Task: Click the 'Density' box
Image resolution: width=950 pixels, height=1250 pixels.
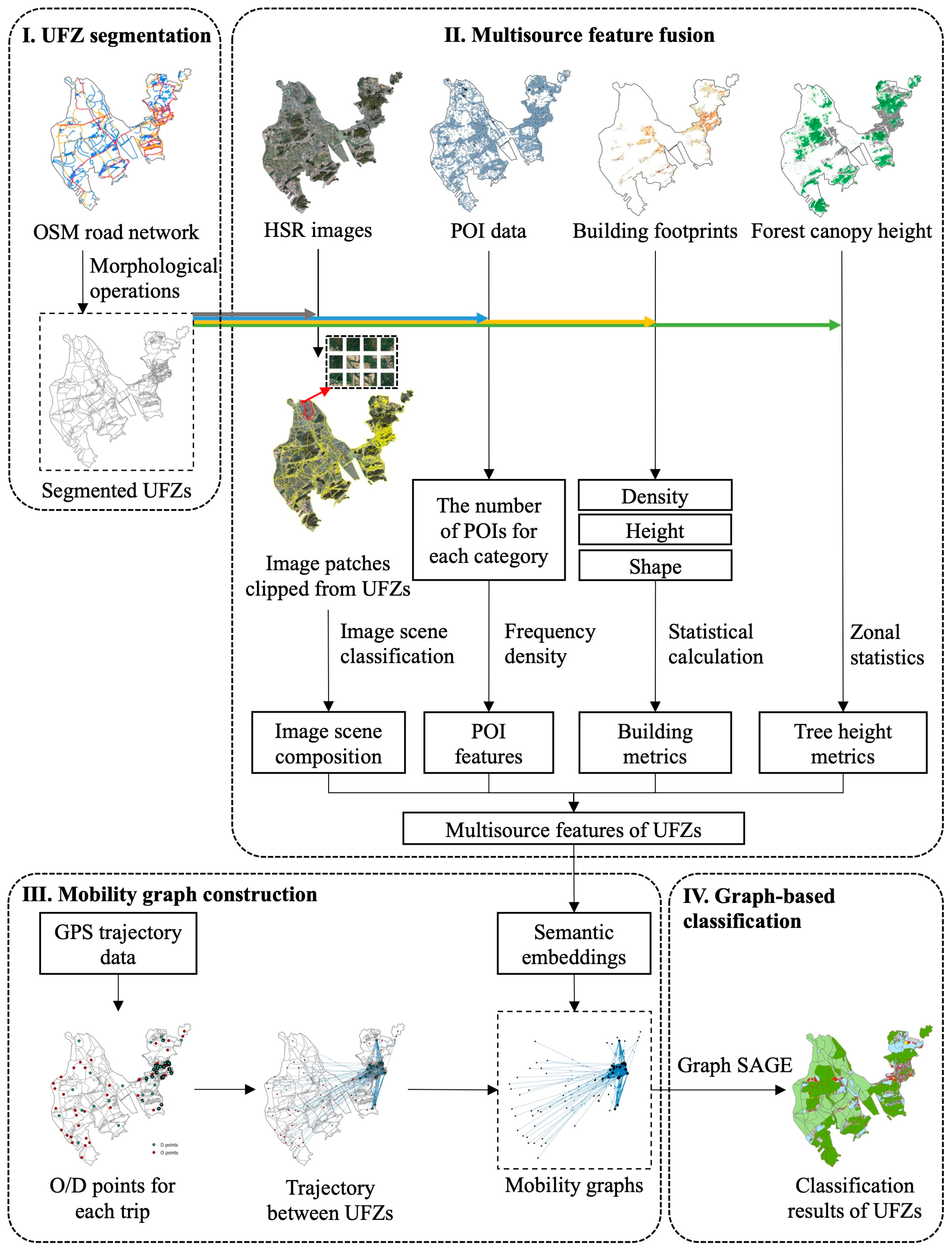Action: (655, 495)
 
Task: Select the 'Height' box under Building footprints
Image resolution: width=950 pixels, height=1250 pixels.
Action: (655, 530)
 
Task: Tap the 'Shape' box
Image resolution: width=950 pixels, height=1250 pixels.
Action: (655, 566)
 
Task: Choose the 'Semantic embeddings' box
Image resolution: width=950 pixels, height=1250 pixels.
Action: (573, 944)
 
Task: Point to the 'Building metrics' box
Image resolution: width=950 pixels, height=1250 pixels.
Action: (655, 743)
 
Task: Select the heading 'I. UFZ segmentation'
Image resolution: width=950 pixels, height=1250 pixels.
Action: (116, 35)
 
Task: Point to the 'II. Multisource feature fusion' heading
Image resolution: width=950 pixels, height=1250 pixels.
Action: (579, 35)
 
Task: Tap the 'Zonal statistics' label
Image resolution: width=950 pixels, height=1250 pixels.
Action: (886, 644)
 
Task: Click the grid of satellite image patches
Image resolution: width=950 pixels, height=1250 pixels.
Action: (362, 362)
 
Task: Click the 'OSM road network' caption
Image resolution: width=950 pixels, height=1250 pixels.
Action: (116, 232)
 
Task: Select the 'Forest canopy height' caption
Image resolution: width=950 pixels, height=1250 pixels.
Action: (841, 231)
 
